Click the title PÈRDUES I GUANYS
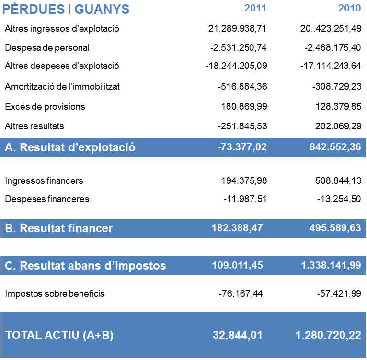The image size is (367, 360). pyautogui.click(x=66, y=9)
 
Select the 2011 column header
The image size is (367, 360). pyautogui.click(x=255, y=8)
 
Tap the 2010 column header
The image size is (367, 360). pyautogui.click(x=349, y=8)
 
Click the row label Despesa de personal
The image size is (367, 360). pyautogui.click(x=47, y=47)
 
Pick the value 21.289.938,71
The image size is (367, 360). pyautogui.click(x=237, y=29)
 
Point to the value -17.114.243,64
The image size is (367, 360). pyautogui.click(x=331, y=66)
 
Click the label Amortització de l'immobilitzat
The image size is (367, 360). pyautogui.click(x=62, y=87)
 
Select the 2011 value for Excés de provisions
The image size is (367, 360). pyautogui.click(x=244, y=106)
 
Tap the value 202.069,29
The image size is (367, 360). pyautogui.click(x=337, y=126)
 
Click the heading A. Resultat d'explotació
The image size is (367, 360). pyautogui.click(x=70, y=147)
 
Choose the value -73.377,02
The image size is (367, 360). pyautogui.click(x=242, y=147)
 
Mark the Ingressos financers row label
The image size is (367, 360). pyautogui.click(x=44, y=181)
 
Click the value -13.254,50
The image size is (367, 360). pyautogui.click(x=339, y=199)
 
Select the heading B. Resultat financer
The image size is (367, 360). pyautogui.click(x=58, y=228)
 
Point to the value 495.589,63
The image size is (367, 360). pyautogui.click(x=335, y=228)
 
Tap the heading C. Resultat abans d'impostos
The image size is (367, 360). pyautogui.click(x=85, y=266)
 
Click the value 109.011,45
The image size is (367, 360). pyautogui.click(x=237, y=265)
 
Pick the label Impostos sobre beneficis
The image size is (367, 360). pyautogui.click(x=55, y=293)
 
